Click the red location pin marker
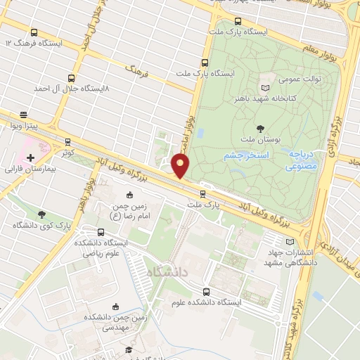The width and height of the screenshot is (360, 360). (181, 166)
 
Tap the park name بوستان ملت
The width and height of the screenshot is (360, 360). (260, 140)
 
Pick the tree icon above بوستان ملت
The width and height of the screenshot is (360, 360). (260, 129)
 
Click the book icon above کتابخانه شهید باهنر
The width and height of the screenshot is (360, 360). (264, 88)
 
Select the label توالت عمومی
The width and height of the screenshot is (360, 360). (302, 79)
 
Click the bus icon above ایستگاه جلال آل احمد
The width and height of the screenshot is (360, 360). (71, 78)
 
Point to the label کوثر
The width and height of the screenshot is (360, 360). (67, 152)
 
